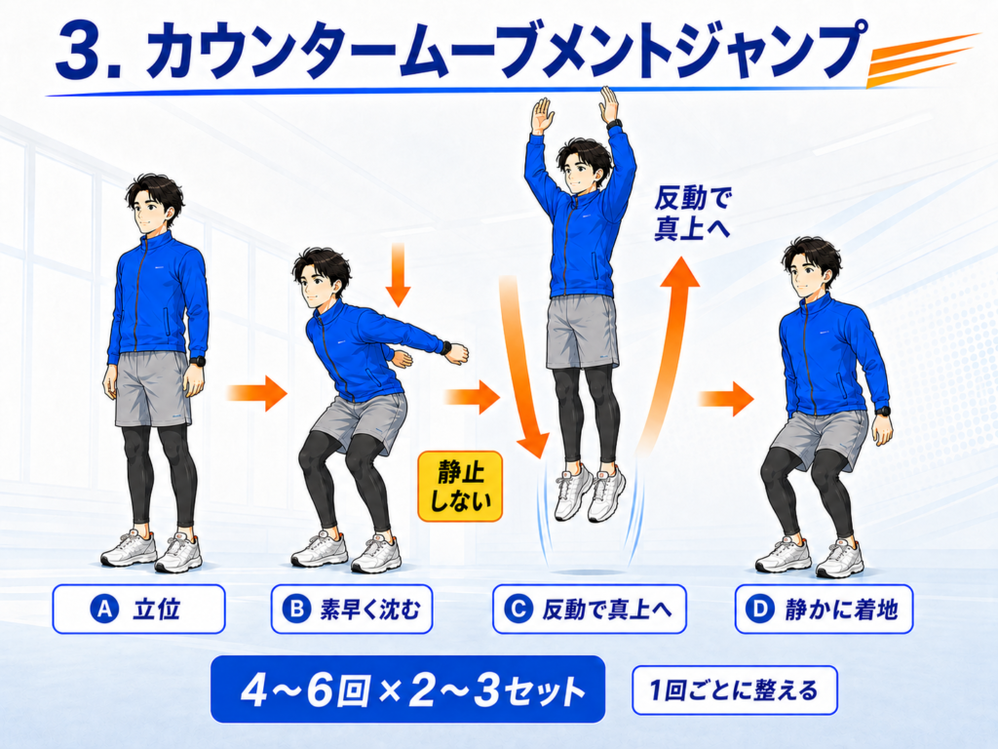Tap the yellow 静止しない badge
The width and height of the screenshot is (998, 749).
460,487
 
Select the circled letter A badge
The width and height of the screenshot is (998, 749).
104,610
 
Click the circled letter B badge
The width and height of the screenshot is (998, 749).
296,610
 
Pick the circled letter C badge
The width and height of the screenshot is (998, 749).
518,610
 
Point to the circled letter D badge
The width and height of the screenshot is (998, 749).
760,610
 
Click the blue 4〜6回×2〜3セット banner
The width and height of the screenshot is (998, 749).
408,690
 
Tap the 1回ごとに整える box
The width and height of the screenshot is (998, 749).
735,690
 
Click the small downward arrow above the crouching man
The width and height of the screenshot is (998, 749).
398,274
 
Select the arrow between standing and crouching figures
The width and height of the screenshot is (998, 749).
257,393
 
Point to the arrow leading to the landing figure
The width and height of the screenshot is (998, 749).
726,399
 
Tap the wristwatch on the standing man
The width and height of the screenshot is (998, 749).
198,361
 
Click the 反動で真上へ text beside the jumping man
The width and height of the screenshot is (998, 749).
691,214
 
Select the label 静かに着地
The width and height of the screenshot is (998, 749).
841,610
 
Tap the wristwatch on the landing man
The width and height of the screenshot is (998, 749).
882,411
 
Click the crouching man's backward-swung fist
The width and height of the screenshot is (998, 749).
457,353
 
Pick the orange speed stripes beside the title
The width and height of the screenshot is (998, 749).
923,60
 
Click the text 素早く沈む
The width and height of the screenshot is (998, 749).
369,610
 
